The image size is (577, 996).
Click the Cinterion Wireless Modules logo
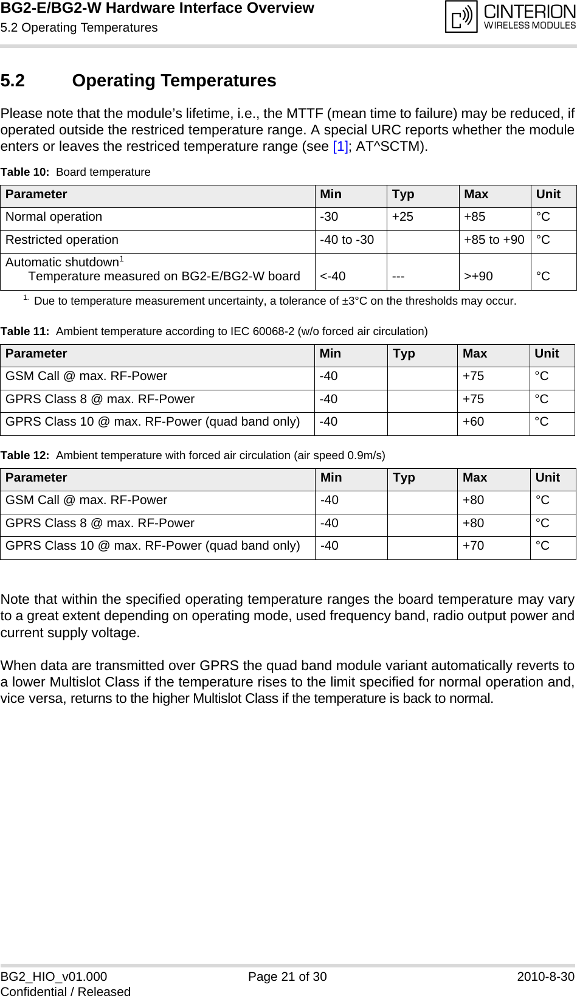point(510,18)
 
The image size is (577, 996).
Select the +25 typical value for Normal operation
point(402,217)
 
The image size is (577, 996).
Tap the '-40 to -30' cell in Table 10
point(347,240)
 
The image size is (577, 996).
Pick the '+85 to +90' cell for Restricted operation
point(494,240)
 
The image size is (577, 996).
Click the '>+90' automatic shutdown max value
point(478,277)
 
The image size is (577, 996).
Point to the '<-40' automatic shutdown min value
point(333,277)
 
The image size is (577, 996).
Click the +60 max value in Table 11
point(473,422)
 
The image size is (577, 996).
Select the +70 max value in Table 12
point(473,546)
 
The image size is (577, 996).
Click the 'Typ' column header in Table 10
point(403,195)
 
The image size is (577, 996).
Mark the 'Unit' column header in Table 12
point(548,478)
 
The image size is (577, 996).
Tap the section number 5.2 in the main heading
point(13,81)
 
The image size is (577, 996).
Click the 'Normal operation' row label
point(54,217)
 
